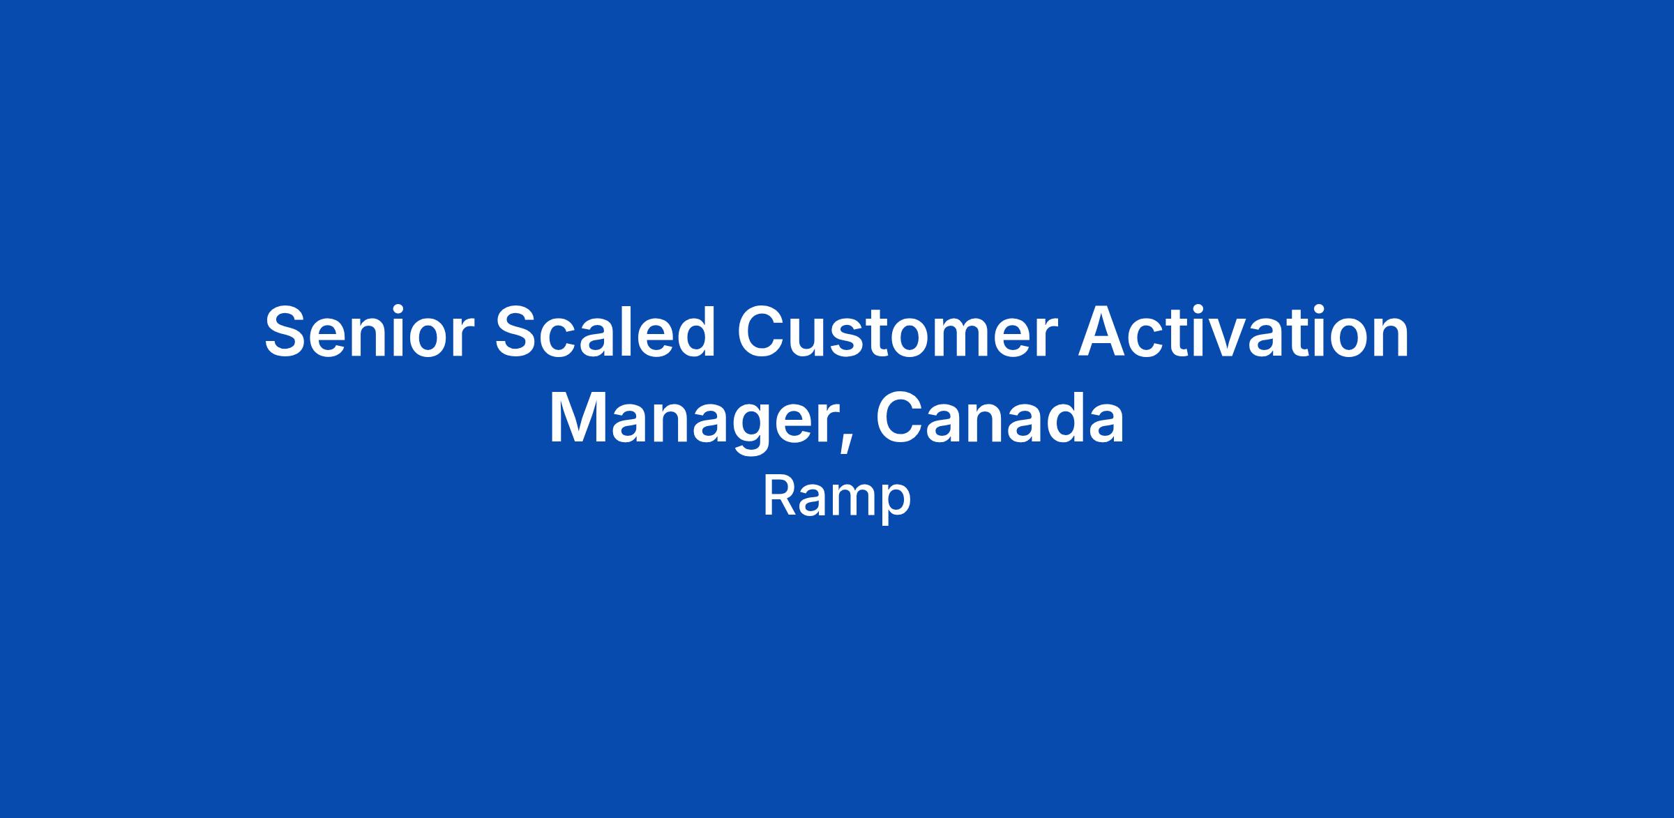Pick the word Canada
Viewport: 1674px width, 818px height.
click(1000, 418)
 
